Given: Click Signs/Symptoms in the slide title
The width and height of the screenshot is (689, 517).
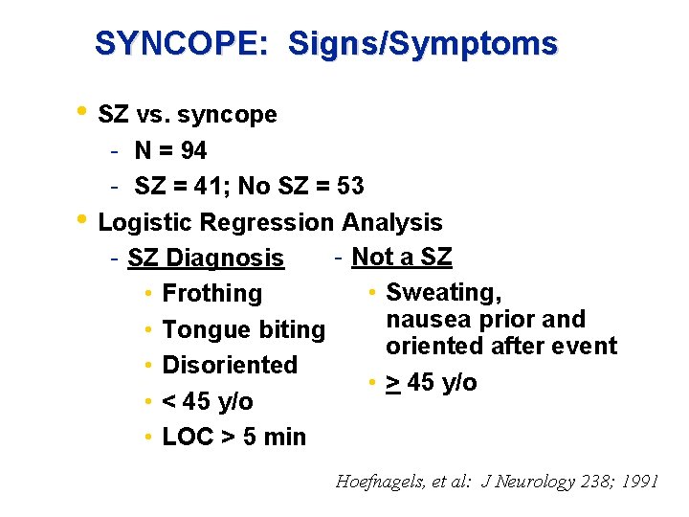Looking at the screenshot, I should click(x=422, y=44).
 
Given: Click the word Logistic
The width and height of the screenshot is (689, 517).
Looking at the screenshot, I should click(x=144, y=223).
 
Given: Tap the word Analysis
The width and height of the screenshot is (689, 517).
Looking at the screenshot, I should click(x=391, y=223).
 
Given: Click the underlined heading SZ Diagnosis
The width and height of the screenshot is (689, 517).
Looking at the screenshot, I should click(x=205, y=258).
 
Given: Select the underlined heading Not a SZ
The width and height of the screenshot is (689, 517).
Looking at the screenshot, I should click(x=402, y=257).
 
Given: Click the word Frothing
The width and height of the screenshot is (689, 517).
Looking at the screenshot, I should click(x=211, y=294).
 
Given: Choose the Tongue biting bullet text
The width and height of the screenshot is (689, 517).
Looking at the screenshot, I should click(x=244, y=330).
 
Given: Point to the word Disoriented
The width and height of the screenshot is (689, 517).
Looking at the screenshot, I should click(x=230, y=365).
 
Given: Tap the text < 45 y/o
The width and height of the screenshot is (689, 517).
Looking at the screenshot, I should click(x=208, y=401).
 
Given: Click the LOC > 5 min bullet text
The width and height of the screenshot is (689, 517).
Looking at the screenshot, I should click(x=234, y=437).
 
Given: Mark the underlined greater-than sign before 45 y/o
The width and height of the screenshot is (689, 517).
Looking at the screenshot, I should click(x=392, y=384).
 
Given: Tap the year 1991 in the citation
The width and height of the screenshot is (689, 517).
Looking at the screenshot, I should click(x=638, y=482).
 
